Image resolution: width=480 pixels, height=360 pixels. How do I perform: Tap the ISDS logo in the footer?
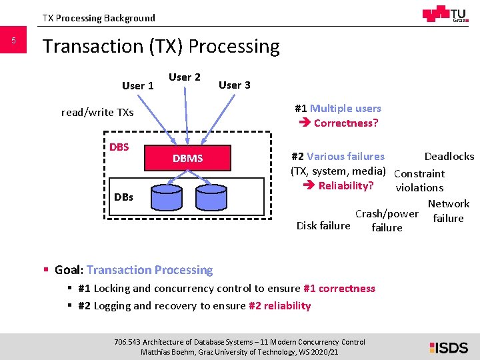tap(449, 347)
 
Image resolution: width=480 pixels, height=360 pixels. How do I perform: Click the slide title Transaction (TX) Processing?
tap(161, 46)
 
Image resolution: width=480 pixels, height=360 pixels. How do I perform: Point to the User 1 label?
tap(138, 85)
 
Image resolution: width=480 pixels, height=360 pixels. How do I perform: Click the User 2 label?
tap(185, 77)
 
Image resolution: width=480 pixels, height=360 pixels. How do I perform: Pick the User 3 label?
tap(235, 85)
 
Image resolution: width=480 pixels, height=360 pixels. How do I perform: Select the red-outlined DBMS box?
tap(187, 158)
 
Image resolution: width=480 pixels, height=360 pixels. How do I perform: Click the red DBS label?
tap(119, 147)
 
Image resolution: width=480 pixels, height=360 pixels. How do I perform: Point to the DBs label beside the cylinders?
tap(123, 197)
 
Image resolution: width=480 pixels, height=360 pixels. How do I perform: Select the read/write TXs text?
tap(97, 112)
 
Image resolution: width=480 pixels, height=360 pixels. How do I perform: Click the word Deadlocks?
tap(449, 156)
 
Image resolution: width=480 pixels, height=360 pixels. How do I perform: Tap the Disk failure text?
tap(323, 225)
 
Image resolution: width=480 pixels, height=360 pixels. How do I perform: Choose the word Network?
tap(449, 203)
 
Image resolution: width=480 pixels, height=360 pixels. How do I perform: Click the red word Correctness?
tap(346, 123)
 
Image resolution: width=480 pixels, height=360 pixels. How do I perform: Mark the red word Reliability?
tap(345, 185)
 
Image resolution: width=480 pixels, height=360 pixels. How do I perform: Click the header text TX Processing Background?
tap(99, 18)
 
